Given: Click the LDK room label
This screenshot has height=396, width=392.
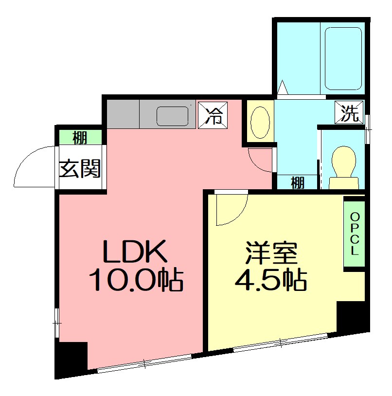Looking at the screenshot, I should coord(135,252).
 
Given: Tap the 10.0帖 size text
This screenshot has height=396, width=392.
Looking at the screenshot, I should coord(135,280).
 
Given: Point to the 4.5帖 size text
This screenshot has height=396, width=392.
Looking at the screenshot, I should coord(270,280).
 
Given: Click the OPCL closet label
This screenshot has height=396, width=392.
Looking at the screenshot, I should coord(355,234).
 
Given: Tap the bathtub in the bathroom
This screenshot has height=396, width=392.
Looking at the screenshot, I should coord(343,58).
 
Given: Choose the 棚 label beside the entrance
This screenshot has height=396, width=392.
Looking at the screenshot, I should coord(80,138).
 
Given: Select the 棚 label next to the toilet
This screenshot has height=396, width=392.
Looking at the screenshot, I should coord(298,183).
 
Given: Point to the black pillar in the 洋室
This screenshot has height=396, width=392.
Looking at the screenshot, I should coord(351,316).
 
